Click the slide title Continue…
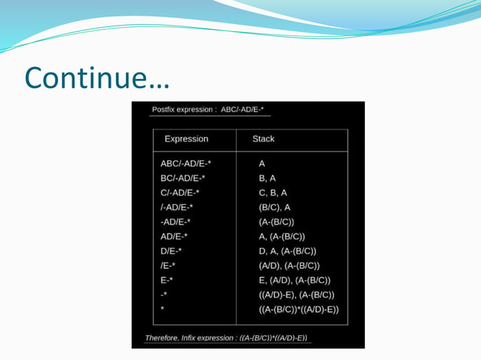tap(97, 78)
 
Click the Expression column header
tap(186, 139)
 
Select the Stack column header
tap(263, 139)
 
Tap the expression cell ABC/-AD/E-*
tap(185, 164)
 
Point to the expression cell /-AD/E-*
tap(177, 207)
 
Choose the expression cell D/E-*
tap(172, 251)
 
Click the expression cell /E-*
tap(168, 266)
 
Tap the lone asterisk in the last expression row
tap(162, 310)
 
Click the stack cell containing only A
tap(262, 164)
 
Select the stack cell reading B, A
tap(268, 178)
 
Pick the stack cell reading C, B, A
tap(273, 193)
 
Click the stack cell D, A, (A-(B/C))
tap(287, 251)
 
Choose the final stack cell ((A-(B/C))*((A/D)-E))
tap(299, 310)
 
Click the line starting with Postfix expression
tap(208, 110)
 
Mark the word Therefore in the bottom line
tap(167, 337)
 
